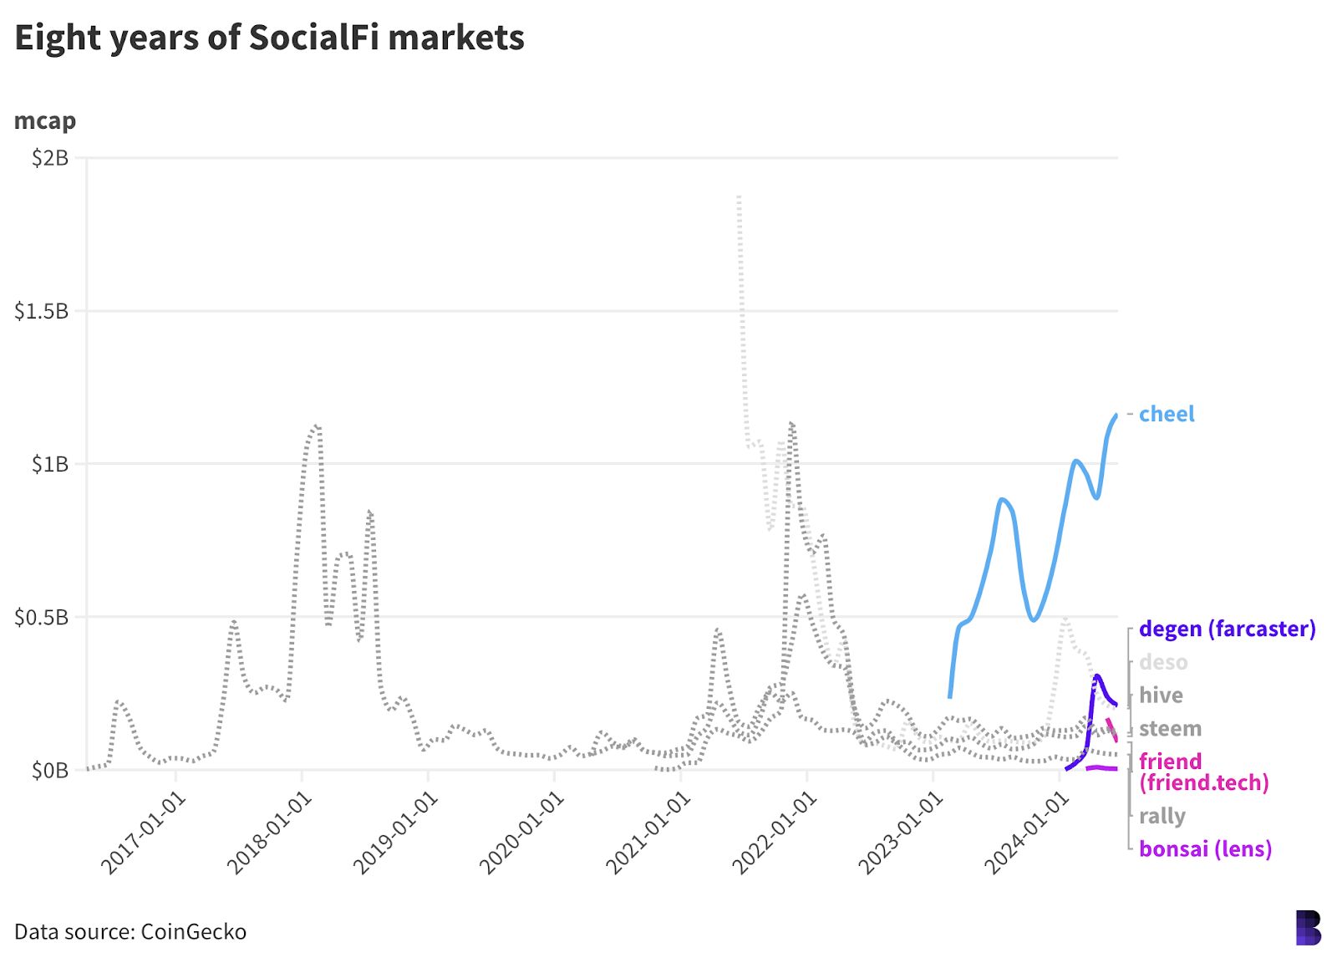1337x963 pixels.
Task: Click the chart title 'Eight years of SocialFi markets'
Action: (269, 38)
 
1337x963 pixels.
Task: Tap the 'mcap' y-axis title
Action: (45, 121)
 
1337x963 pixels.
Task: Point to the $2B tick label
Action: (49, 158)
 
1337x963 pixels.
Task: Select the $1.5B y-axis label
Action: (41, 311)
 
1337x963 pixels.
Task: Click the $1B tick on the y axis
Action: (49, 464)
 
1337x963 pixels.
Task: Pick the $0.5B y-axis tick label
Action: (41, 618)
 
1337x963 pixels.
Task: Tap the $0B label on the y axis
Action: (49, 771)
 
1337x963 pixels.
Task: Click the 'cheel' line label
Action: (1167, 414)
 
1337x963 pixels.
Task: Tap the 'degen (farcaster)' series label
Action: (1227, 629)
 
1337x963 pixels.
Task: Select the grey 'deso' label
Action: (1163, 662)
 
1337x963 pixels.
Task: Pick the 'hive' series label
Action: (1161, 695)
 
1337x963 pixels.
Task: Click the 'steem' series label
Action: (1170, 729)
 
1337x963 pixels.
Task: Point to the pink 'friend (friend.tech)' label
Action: (1203, 772)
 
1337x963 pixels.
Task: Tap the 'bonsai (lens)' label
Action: (1205, 849)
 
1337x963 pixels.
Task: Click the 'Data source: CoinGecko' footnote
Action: (130, 932)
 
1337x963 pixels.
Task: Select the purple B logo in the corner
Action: (1308, 928)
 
